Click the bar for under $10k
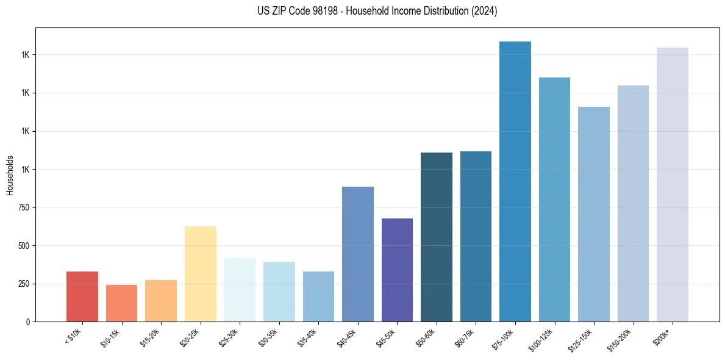pyautogui.click(x=82, y=297)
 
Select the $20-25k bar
pyautogui.click(x=201, y=274)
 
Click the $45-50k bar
pyautogui.click(x=397, y=270)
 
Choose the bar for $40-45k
pyautogui.click(x=358, y=254)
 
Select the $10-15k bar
pyautogui.click(x=122, y=303)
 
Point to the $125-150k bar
pyautogui.click(x=594, y=214)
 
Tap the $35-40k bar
pyautogui.click(x=318, y=297)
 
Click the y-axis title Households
pyautogui.click(x=10, y=175)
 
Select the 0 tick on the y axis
pyautogui.click(x=28, y=322)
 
